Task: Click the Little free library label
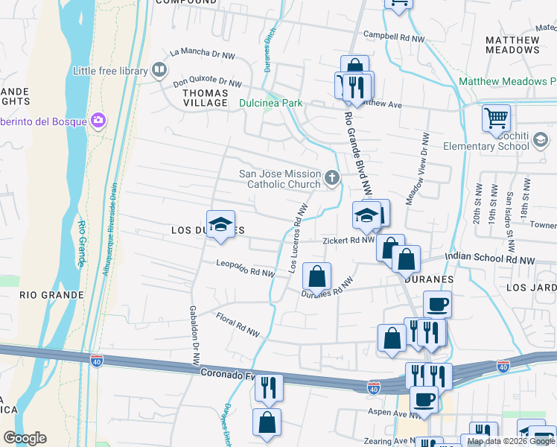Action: click(x=110, y=71)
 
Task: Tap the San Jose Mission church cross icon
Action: click(x=332, y=177)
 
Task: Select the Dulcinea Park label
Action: click(x=271, y=103)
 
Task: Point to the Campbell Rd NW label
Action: click(x=393, y=36)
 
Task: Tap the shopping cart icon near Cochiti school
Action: click(x=496, y=118)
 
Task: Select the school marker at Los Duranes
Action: click(x=220, y=223)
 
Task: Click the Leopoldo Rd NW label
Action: click(x=246, y=268)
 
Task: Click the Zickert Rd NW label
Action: click(x=348, y=241)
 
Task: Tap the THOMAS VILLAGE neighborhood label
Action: click(x=205, y=98)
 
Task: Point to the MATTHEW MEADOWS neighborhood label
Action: click(x=512, y=45)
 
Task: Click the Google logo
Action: click(x=25, y=438)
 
